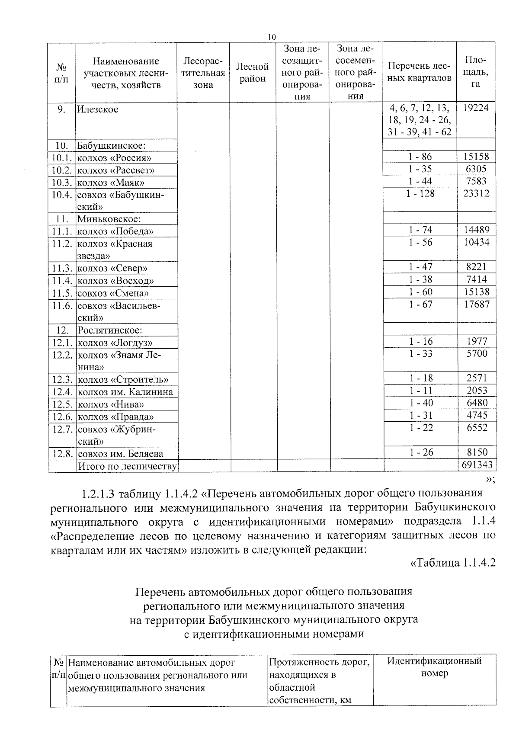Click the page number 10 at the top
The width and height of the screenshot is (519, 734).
click(271, 38)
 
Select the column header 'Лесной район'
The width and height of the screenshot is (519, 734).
click(252, 73)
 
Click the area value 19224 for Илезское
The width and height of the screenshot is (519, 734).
click(476, 108)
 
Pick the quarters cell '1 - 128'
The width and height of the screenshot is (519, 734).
click(420, 193)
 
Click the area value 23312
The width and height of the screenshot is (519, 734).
click(476, 193)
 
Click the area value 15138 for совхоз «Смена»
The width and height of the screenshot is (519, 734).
click(476, 292)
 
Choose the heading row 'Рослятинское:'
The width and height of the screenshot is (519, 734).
click(110, 330)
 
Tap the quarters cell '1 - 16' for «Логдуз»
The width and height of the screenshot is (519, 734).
click(420, 342)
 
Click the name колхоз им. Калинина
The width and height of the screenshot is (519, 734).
click(125, 392)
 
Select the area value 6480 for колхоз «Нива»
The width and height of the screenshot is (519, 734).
click(477, 403)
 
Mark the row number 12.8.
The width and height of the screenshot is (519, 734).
click(63, 454)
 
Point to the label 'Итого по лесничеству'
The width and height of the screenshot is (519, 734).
click(127, 466)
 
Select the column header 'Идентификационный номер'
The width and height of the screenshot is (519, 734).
click(434, 667)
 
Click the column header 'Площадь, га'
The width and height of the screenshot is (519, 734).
click(476, 72)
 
